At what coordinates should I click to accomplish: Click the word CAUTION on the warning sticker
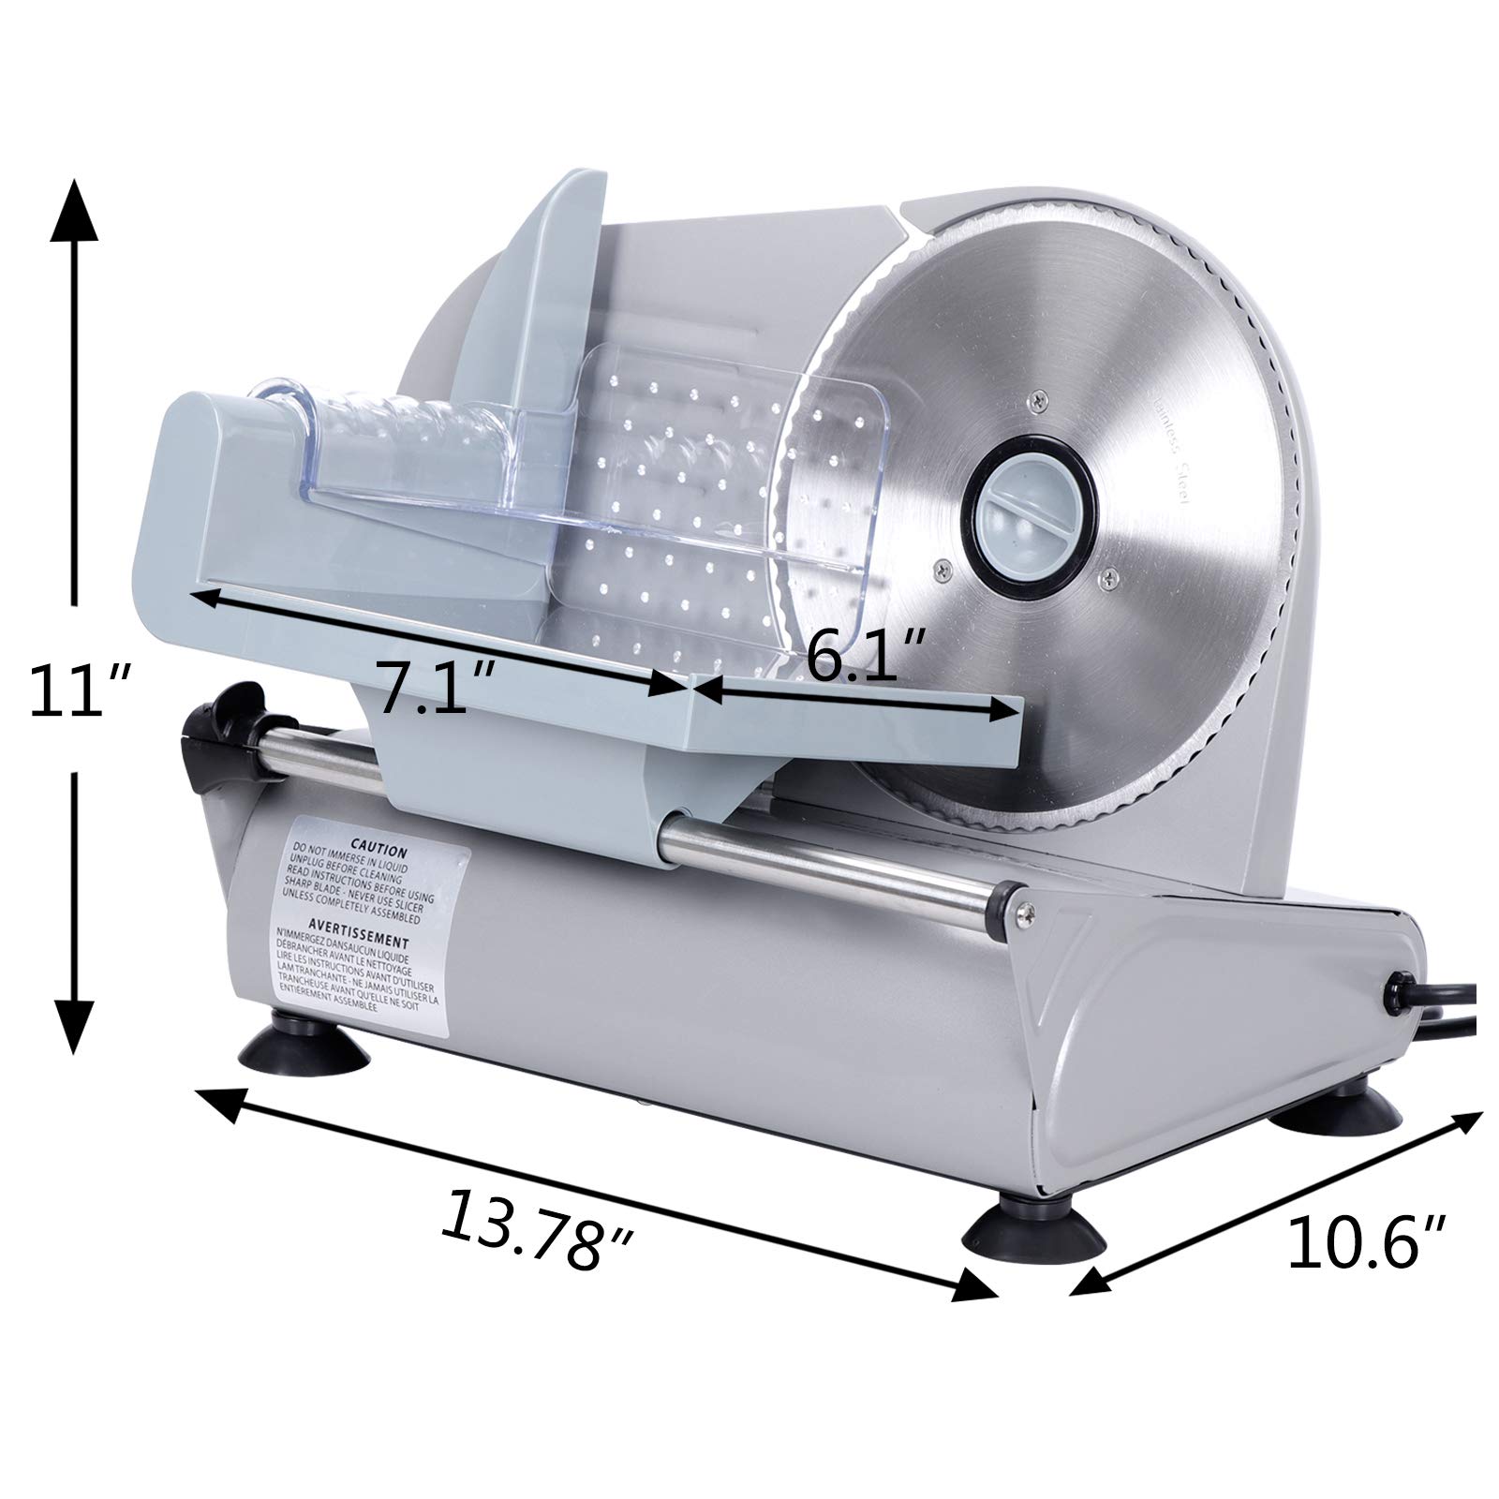(378, 852)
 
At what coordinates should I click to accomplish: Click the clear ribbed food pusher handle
(403, 417)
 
